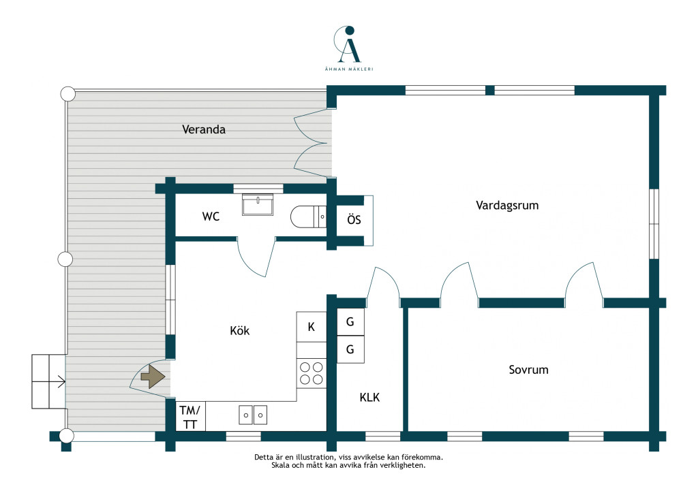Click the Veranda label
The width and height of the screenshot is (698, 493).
[x=203, y=129]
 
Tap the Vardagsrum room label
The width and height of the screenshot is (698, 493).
[x=507, y=206]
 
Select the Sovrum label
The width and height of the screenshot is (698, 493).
[x=528, y=370]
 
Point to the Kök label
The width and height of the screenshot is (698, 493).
[x=239, y=330]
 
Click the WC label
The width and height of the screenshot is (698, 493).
[x=211, y=217]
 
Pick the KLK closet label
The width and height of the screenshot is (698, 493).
[x=369, y=398]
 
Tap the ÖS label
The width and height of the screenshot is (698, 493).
[x=354, y=219]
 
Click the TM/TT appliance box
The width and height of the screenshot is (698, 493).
[x=191, y=416]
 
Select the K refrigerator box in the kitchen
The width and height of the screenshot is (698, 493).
[x=312, y=327]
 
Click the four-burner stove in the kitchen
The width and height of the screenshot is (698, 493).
[x=312, y=373]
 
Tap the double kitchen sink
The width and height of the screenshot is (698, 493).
[x=253, y=415]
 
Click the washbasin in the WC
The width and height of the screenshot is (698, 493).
[x=258, y=204]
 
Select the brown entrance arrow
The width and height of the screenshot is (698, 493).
[x=153, y=377]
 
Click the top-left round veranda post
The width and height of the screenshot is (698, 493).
[x=67, y=94]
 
